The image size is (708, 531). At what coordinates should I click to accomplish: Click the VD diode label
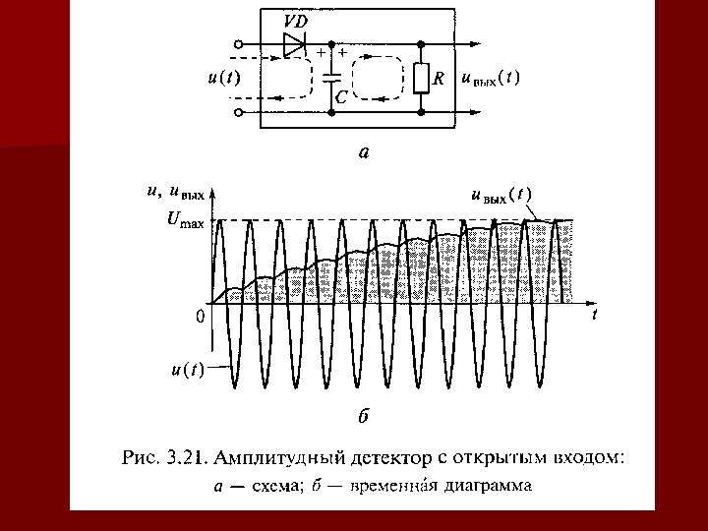click(294, 21)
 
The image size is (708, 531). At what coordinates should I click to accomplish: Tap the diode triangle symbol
click(293, 44)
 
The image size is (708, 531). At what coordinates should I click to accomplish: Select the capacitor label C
click(341, 97)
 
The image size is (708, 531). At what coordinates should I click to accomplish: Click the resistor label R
click(440, 78)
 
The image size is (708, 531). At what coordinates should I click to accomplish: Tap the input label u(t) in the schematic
click(225, 78)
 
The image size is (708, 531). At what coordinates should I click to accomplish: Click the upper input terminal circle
click(239, 44)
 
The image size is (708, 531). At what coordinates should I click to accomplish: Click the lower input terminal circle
click(239, 111)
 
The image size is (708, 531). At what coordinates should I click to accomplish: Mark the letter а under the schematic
click(363, 152)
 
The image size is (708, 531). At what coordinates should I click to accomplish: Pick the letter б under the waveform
click(362, 416)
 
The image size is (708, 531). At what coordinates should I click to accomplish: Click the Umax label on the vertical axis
click(185, 221)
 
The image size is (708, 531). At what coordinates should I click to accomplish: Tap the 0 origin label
click(200, 318)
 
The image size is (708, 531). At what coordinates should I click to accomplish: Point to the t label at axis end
click(594, 316)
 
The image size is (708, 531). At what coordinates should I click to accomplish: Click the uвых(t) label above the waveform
click(501, 196)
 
